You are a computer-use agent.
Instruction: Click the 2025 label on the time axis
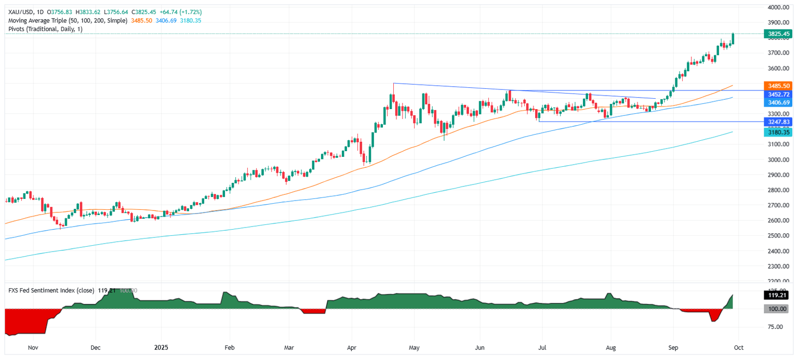161,347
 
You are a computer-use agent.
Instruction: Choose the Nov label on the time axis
33,347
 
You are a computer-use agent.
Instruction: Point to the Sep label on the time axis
674,347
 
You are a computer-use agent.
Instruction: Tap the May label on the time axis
414,347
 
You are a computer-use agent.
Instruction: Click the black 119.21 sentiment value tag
777,295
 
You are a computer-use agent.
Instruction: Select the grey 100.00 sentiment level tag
777,309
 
